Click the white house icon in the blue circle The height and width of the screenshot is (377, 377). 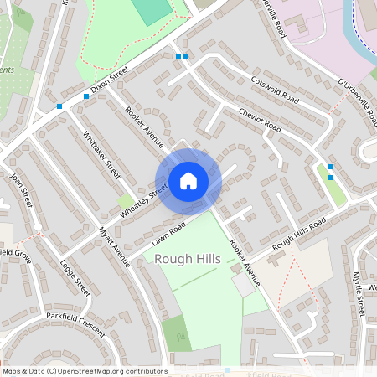pyautogui.click(x=188, y=180)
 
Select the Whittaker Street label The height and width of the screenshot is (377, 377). pyautogui.click(x=101, y=157)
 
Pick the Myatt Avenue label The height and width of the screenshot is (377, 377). pyautogui.click(x=115, y=245)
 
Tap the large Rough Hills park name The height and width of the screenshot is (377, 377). pyautogui.click(x=188, y=259)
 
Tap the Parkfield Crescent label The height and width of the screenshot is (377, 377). pyautogui.click(x=76, y=324)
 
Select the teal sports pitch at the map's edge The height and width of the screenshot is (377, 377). pyautogui.click(x=151, y=10)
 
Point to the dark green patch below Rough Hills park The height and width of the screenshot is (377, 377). pyautogui.click(x=177, y=333)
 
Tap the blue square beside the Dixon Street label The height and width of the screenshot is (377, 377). pyautogui.click(x=86, y=96)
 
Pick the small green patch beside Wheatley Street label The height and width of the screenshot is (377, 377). pyautogui.click(x=126, y=201)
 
